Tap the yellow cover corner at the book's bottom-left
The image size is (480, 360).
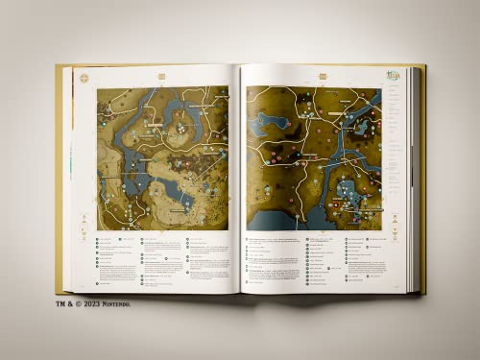point(61,287)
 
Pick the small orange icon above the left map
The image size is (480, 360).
point(161,76)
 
